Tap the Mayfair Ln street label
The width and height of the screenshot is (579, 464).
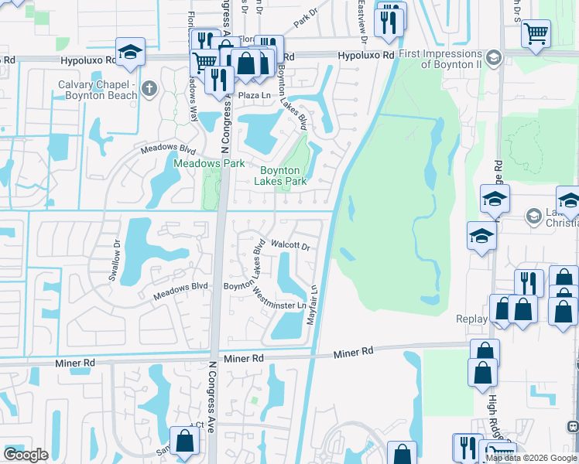pos(314,305)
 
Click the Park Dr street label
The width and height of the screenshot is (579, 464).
pos(307,17)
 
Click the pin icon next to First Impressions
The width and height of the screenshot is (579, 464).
pos(492,59)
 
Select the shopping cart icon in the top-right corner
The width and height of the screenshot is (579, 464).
pos(536,34)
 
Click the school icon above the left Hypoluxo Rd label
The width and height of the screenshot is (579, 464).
pos(131,52)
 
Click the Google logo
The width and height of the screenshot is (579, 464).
pos(26,454)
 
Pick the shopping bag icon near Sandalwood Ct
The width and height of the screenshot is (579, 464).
pos(184,442)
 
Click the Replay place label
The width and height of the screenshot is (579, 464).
pos(471,319)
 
